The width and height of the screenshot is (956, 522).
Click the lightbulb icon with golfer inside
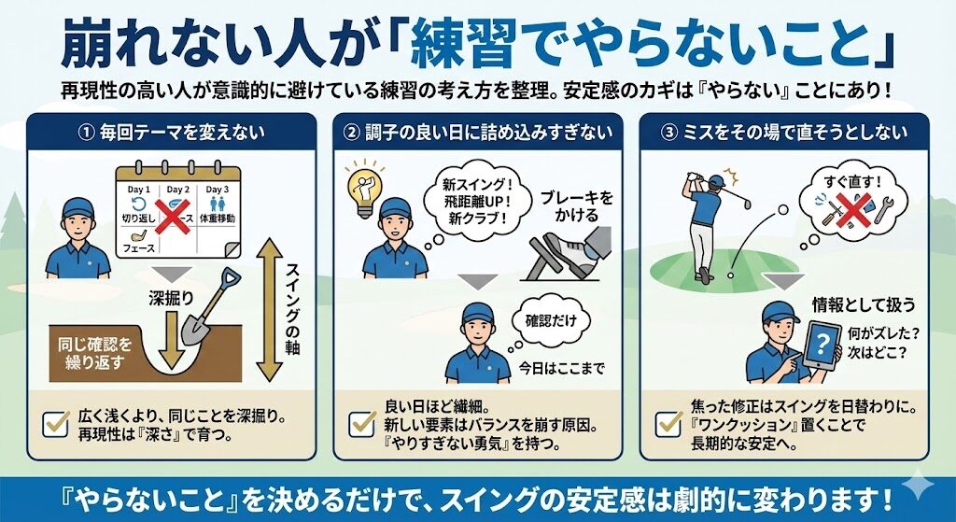pos(364,188)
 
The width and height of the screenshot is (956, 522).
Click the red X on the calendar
pos(173,215)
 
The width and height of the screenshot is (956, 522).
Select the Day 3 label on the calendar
pos(217,190)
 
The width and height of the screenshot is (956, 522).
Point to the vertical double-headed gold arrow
pos(270,310)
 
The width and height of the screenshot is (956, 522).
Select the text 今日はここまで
pos(561,368)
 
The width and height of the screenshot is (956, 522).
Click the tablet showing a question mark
pos(822,344)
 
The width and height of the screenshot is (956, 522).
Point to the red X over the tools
pos(853,210)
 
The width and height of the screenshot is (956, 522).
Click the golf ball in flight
pos(783,210)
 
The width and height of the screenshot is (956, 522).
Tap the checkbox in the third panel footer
pos(668,424)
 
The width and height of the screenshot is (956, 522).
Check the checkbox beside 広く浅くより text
pos(57,424)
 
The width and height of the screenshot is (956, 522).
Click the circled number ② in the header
pos(351,133)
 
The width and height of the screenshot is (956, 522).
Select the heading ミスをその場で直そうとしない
pos(794,133)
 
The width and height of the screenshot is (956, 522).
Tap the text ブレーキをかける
pos(576,206)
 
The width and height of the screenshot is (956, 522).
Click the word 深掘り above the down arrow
pos(171,298)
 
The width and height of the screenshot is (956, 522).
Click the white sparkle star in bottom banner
pos(918,486)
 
